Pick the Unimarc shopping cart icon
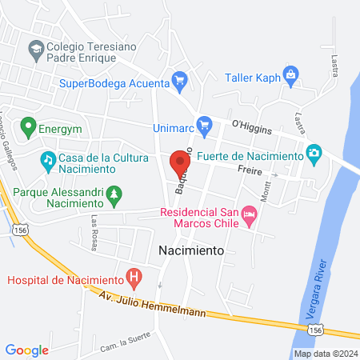[x=205, y=124]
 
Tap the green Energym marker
[x=29, y=126]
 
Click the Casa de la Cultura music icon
[x=48, y=160]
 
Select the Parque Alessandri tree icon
[x=115, y=194]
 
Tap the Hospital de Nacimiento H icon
[x=134, y=279]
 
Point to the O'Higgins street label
[x=251, y=126]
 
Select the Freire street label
[x=250, y=170]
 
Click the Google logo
[x=27, y=350]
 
